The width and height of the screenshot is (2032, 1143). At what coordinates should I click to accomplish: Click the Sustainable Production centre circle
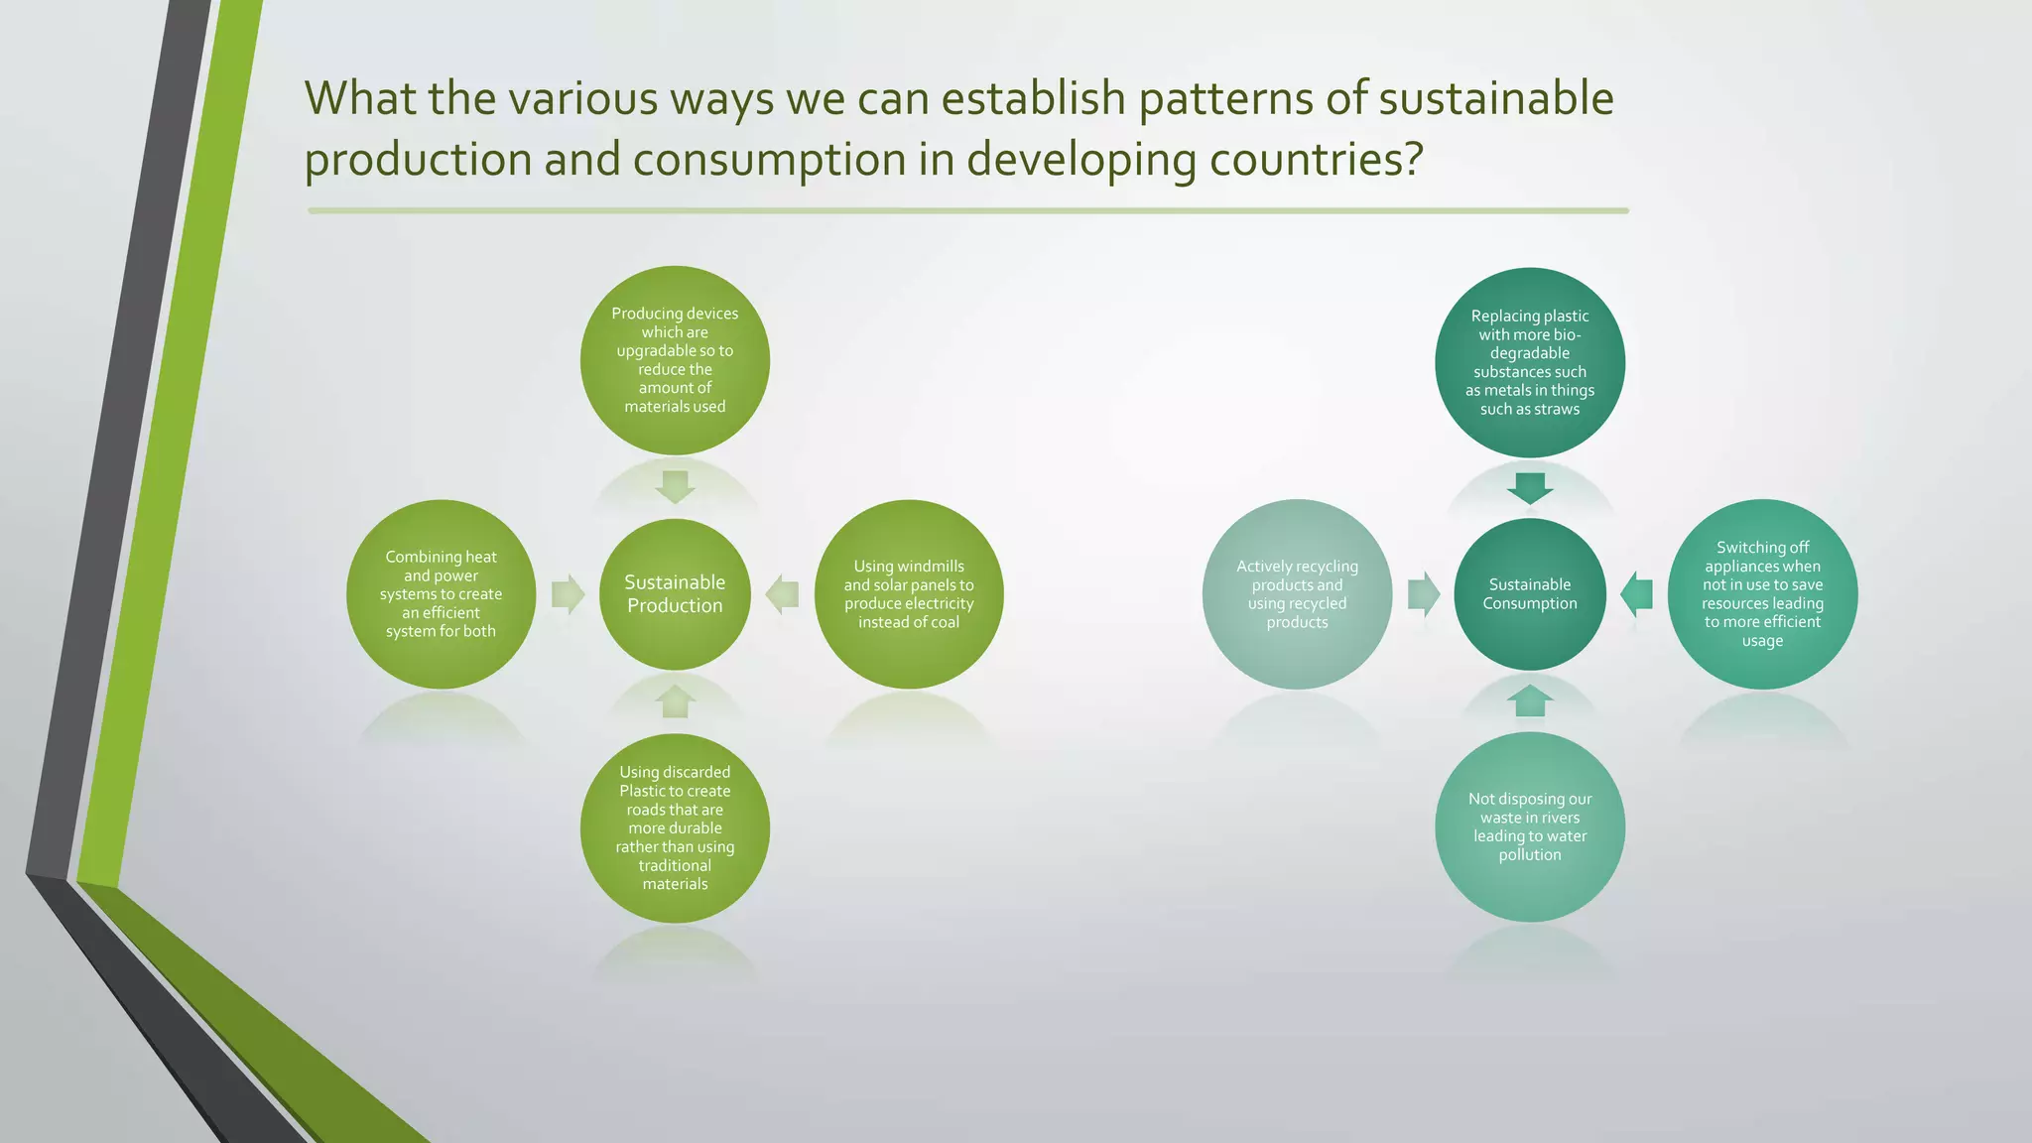tap(675, 593)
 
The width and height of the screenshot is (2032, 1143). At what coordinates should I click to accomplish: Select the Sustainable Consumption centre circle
tap(1529, 593)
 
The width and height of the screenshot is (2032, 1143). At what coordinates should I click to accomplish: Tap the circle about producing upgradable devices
tap(675, 360)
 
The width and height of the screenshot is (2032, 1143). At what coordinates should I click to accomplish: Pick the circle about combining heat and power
tap(441, 593)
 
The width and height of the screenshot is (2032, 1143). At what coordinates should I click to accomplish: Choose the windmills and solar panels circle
tap(908, 593)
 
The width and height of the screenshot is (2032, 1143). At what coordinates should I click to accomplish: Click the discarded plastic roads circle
tap(675, 827)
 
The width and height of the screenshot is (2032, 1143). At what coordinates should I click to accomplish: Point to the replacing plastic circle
tap(1529, 362)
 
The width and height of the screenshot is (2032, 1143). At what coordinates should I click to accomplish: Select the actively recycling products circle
tap(1297, 593)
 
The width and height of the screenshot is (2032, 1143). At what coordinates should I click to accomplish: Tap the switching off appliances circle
tap(1762, 593)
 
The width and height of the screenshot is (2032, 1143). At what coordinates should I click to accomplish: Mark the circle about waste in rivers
tap(1529, 826)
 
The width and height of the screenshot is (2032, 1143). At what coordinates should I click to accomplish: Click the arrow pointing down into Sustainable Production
tap(675, 486)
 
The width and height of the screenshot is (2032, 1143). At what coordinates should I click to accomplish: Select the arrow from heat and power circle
tap(568, 593)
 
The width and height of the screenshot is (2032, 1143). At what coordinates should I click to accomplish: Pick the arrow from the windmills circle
tap(783, 593)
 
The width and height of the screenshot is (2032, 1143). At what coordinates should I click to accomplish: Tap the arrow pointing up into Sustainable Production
tap(675, 700)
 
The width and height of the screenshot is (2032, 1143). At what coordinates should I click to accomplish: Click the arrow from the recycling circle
tap(1423, 594)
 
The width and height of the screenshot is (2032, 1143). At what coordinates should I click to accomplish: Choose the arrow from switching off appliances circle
tap(1636, 594)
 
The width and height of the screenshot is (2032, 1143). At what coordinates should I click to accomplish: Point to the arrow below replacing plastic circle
tap(1529, 487)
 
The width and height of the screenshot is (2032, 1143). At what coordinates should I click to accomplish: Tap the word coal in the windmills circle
tap(944, 622)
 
